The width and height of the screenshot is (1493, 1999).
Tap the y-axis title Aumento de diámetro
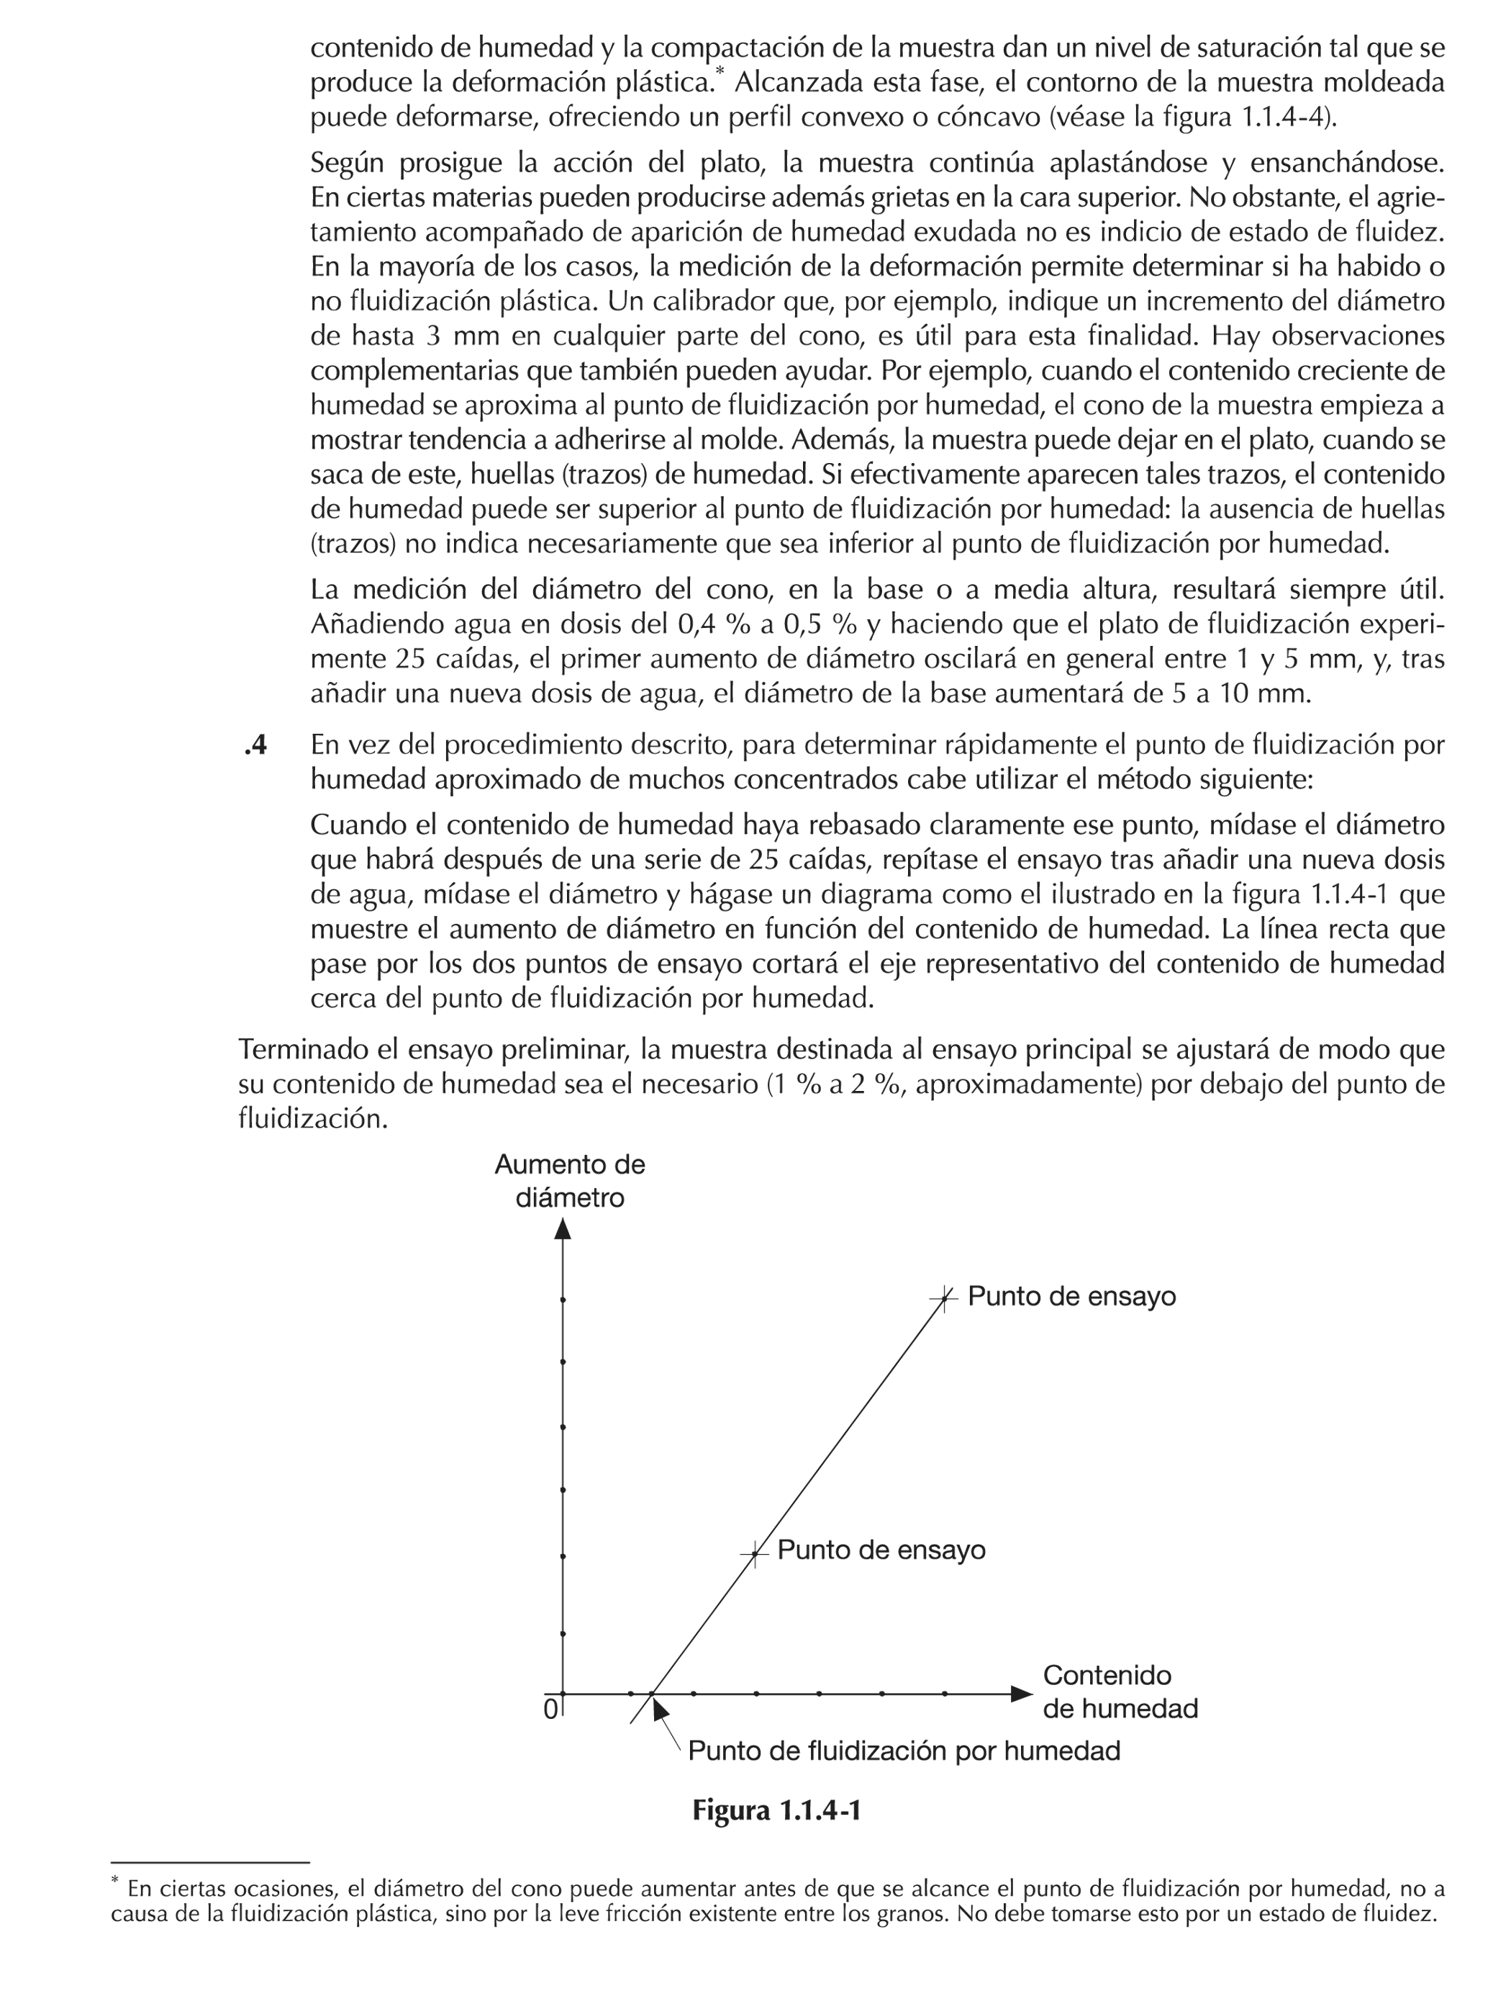pos(569,1181)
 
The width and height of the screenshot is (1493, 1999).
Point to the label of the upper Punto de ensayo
pos(1071,1297)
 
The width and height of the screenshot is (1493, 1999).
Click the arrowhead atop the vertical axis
pos(563,1228)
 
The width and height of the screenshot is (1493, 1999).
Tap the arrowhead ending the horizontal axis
pos(1020,1694)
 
